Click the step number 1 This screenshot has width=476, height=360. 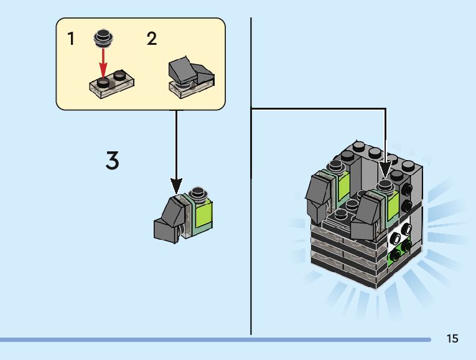click(71, 39)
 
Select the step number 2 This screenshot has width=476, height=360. click(152, 39)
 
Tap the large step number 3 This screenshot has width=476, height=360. click(112, 161)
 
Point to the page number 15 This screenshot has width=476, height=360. click(452, 339)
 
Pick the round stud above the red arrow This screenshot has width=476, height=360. click(103, 38)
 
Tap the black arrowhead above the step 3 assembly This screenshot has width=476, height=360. click(177, 186)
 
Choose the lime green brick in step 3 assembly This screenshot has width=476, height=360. click(203, 211)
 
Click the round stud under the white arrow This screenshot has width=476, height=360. click(384, 185)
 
